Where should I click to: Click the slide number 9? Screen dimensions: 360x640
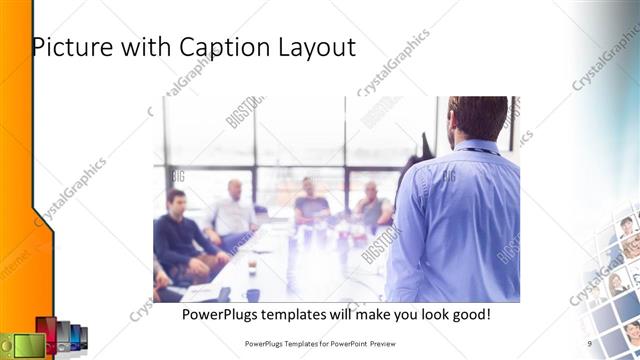coord(589,342)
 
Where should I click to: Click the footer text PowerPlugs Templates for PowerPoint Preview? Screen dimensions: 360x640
coord(327,342)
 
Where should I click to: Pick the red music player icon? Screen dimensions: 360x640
coord(47,335)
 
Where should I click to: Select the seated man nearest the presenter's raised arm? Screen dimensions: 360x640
coord(372,207)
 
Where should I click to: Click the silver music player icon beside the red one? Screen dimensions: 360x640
coord(63,338)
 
